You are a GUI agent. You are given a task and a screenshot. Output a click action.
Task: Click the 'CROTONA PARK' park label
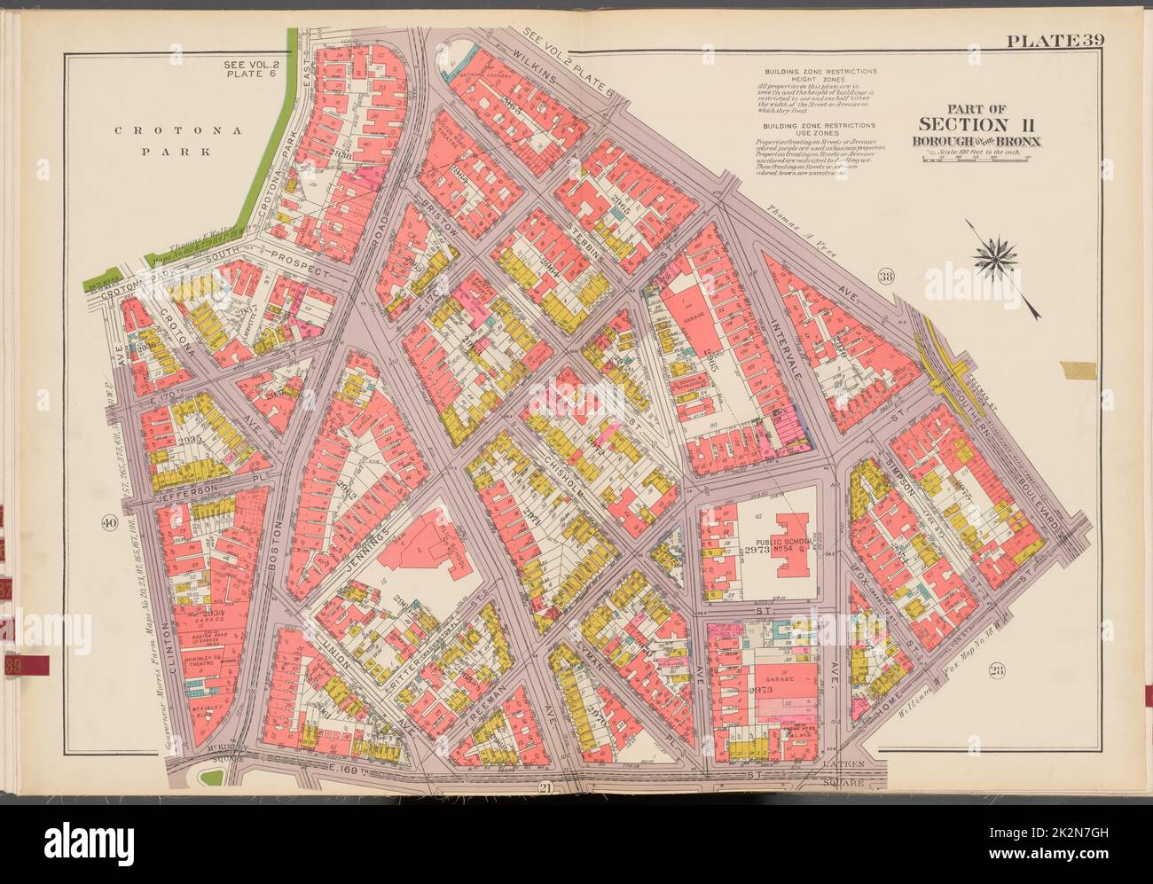click(x=172, y=140)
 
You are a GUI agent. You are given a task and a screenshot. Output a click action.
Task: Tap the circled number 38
click(x=885, y=277)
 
